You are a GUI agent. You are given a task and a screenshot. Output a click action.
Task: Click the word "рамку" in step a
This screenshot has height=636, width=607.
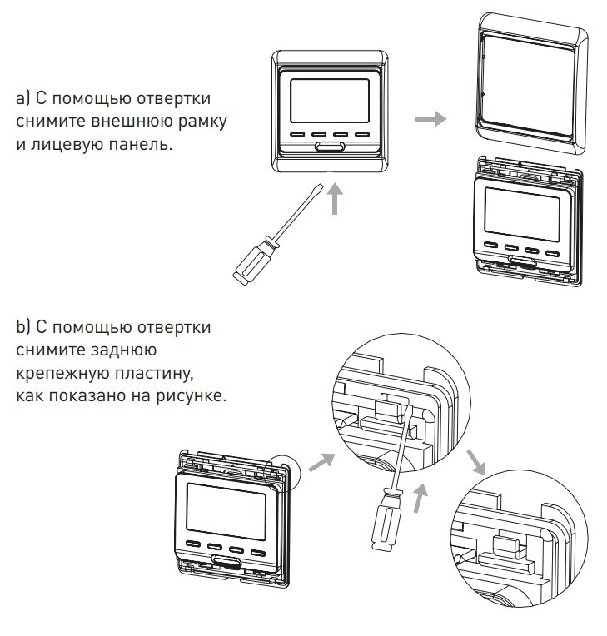tap(202, 122)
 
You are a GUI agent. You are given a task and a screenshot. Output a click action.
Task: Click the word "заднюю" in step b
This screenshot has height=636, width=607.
tap(125, 350)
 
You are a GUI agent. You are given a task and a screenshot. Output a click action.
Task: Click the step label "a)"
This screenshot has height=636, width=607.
tap(23, 98)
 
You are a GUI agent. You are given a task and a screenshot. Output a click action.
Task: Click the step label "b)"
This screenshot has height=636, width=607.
tap(23, 327)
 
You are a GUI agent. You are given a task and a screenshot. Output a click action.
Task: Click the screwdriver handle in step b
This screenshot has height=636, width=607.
tap(386, 520)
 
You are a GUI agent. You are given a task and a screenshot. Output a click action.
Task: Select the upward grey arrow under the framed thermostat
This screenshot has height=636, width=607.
tap(335, 199)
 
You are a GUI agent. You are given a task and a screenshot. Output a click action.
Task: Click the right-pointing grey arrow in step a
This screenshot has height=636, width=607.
tap(430, 118)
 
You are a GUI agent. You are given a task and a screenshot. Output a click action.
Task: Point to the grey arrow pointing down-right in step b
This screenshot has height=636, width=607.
tap(476, 462)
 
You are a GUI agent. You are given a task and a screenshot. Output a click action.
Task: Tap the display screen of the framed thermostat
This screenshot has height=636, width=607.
tap(330, 101)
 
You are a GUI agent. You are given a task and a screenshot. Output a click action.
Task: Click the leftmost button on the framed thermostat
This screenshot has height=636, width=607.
tap(297, 134)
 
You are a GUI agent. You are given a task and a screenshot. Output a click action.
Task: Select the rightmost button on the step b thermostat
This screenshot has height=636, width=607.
tap(257, 553)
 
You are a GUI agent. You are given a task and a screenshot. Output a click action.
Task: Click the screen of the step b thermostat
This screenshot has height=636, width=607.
tap(226, 511)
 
